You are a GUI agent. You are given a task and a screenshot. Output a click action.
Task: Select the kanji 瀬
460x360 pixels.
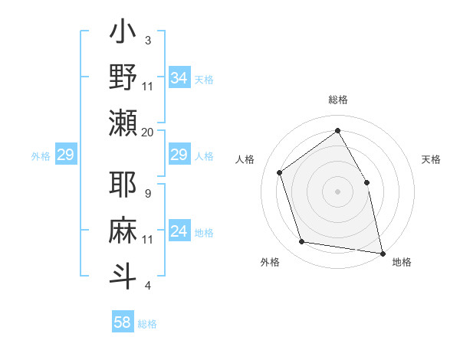point(123,123)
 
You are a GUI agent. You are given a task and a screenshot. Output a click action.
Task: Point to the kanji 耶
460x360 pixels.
point(123,185)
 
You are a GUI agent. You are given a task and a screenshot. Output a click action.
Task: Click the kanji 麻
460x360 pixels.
point(123,231)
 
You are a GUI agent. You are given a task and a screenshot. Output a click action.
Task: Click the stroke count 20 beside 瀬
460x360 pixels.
point(148,132)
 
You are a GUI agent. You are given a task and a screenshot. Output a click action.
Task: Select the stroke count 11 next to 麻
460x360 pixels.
point(148,239)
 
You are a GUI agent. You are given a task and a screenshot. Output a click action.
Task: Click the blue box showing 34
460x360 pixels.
point(179,77)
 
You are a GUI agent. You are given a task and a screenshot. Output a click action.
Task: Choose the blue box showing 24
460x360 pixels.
point(179,231)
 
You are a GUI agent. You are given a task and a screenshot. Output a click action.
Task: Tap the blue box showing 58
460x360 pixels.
point(123,322)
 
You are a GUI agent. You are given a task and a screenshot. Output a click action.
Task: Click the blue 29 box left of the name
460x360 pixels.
point(65,155)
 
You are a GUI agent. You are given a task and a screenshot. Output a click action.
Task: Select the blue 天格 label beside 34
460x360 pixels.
point(204,80)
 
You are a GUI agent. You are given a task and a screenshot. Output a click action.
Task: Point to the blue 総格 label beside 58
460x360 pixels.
point(147,325)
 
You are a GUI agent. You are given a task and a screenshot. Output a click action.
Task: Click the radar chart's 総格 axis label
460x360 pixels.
point(338,100)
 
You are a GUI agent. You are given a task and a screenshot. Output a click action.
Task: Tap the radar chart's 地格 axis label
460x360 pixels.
point(402,262)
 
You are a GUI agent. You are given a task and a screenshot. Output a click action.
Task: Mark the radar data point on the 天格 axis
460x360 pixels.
point(366,182)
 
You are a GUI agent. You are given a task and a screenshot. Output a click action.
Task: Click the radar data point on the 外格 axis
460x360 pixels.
point(302,242)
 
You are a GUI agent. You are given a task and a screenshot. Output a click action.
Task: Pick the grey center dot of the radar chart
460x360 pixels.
point(337,191)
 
